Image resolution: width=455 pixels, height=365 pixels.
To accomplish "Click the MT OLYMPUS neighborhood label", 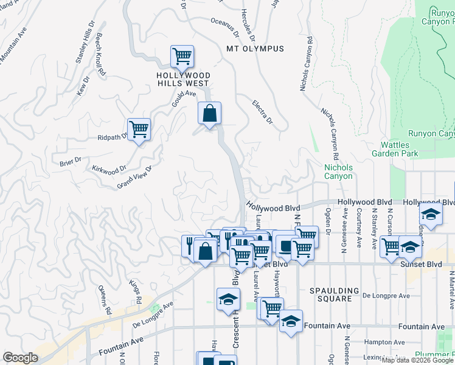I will coord(255,49).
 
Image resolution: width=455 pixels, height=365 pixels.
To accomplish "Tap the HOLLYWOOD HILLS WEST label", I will coord(184,80).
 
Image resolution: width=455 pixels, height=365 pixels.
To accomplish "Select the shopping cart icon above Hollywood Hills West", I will coord(182,57).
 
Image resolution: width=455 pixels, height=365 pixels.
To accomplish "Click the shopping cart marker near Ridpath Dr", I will coord(139,129).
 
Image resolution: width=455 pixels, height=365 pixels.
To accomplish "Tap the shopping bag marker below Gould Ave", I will coord(209,113).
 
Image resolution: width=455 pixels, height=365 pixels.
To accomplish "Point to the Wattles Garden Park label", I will coord(399,149).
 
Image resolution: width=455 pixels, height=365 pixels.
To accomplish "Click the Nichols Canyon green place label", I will coord(338,172).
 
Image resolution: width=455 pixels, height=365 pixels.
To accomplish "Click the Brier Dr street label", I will coord(71,161).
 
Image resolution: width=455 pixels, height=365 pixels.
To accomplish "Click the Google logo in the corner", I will coord(19,358).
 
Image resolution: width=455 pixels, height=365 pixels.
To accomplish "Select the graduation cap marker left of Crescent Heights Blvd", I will coord(227,299).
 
